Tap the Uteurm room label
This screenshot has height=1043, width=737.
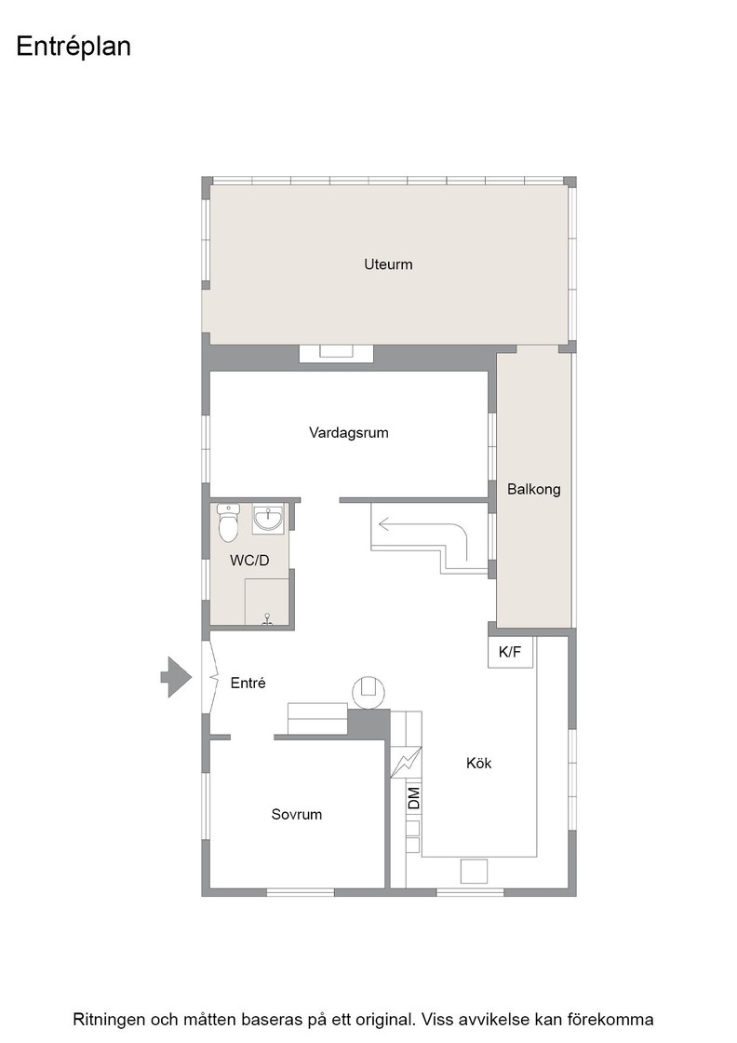pyautogui.click(x=388, y=264)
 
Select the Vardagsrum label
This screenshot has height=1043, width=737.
pyautogui.click(x=348, y=432)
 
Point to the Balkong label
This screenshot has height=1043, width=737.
pyautogui.click(x=533, y=489)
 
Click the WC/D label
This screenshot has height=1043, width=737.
pyautogui.click(x=249, y=560)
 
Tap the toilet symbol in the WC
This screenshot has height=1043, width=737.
pyautogui.click(x=229, y=522)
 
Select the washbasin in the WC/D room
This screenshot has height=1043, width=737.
pyautogui.click(x=268, y=519)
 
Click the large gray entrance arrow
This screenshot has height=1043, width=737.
pyautogui.click(x=176, y=677)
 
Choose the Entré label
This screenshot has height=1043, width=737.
pyautogui.click(x=248, y=683)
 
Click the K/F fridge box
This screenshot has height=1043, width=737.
pyautogui.click(x=510, y=652)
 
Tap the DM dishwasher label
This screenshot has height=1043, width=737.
pyautogui.click(x=414, y=798)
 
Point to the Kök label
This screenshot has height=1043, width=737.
pyautogui.click(x=478, y=763)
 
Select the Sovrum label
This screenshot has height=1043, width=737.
pyautogui.click(x=297, y=814)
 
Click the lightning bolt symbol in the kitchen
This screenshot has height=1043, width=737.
pyautogui.click(x=406, y=762)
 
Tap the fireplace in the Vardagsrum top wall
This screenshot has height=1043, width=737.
pyautogui.click(x=336, y=353)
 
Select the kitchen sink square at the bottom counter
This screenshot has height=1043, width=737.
pyautogui.click(x=474, y=872)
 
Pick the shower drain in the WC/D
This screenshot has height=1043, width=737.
pyautogui.click(x=267, y=620)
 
